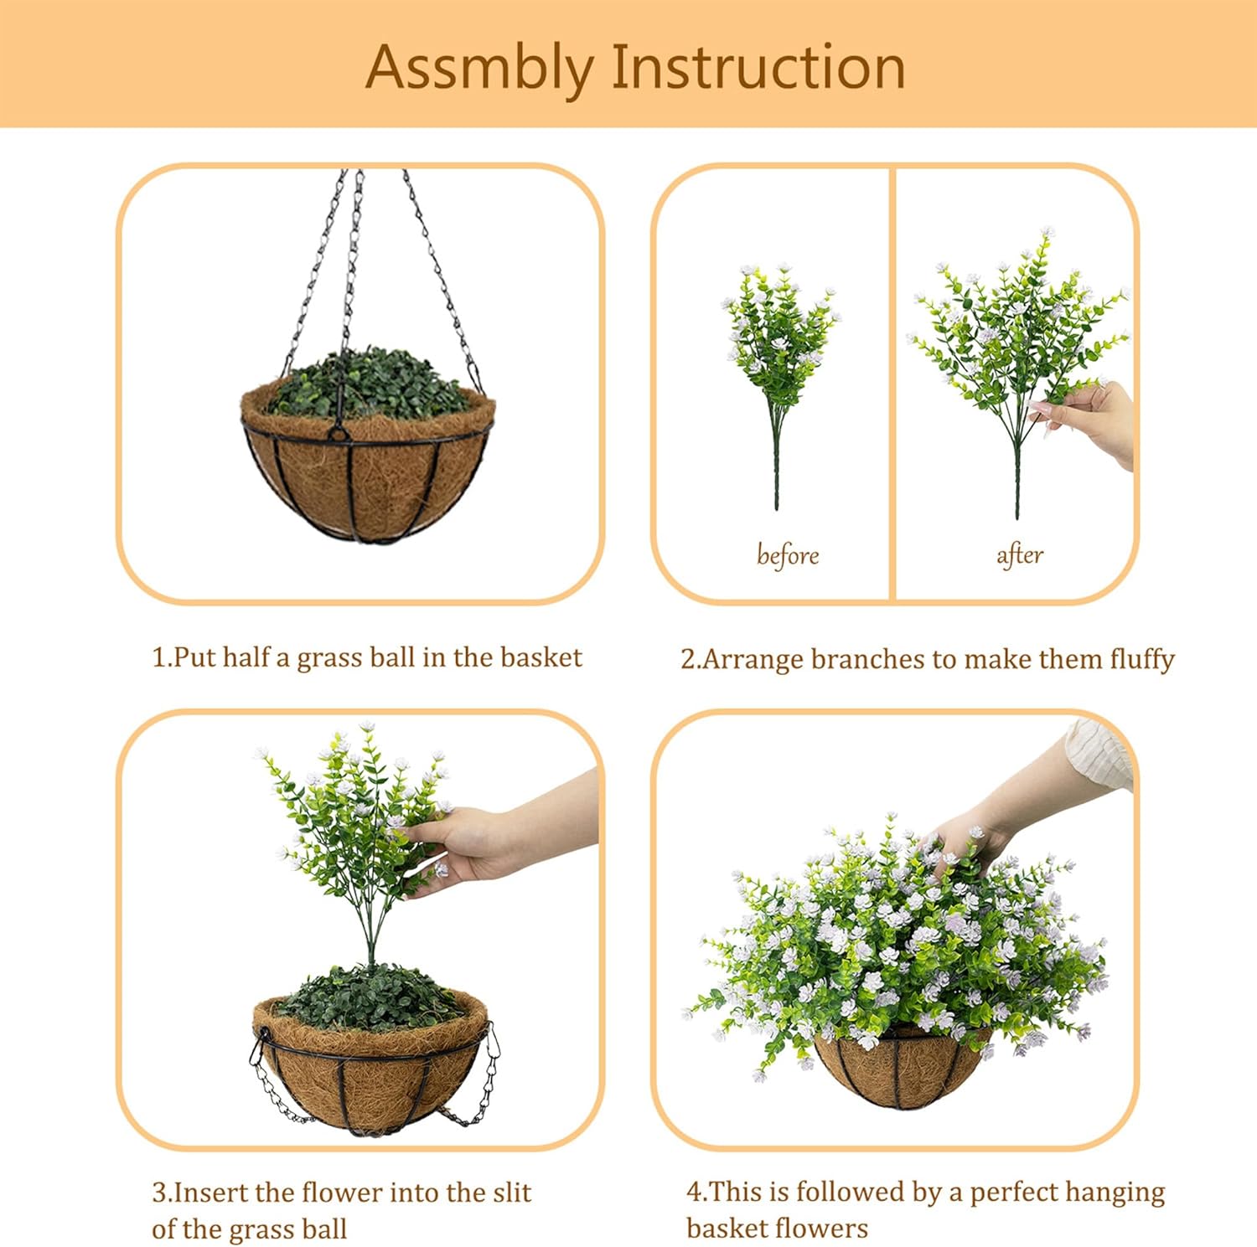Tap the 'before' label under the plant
point(787,555)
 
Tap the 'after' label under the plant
point(1019,555)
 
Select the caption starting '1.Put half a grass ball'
point(366,657)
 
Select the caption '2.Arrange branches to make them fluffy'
point(927,659)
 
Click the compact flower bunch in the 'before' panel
point(779,335)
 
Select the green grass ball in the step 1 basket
point(369,385)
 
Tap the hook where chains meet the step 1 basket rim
point(338,432)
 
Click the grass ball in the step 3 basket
point(369,997)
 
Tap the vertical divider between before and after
point(892,383)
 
